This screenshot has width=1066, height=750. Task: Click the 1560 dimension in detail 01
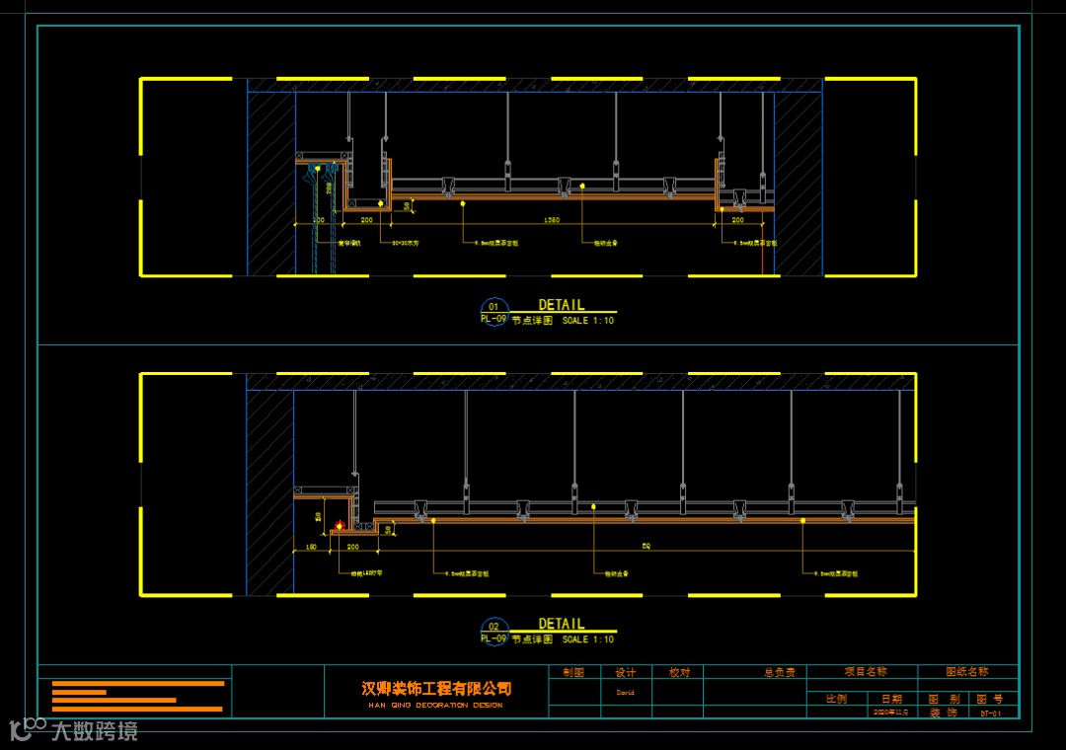553,220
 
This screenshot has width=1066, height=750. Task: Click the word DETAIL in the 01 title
561,306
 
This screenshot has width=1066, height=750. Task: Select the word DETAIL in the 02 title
561,625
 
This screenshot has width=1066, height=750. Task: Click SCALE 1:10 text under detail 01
588,321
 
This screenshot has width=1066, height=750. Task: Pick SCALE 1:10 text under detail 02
588,639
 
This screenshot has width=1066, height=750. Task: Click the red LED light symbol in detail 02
341,527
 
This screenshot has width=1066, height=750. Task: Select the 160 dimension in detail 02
310,546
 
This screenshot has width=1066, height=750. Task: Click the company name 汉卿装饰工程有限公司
436,688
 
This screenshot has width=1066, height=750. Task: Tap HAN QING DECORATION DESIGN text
435,705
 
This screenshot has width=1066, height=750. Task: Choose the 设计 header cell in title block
626,672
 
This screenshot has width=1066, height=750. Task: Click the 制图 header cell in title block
573,672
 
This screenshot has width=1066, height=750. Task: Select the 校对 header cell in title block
679,672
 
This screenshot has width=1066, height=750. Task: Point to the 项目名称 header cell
866,672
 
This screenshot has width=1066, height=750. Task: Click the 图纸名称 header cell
967,672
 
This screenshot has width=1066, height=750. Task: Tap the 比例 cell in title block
836,699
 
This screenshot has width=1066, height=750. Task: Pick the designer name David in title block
626,693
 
